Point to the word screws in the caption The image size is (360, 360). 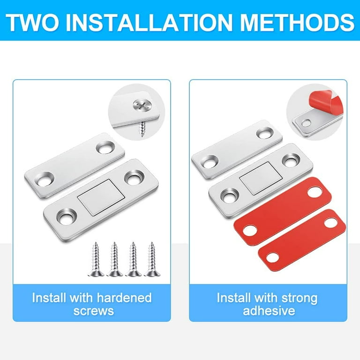click(x=93, y=310)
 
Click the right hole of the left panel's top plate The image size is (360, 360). click(x=103, y=148)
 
